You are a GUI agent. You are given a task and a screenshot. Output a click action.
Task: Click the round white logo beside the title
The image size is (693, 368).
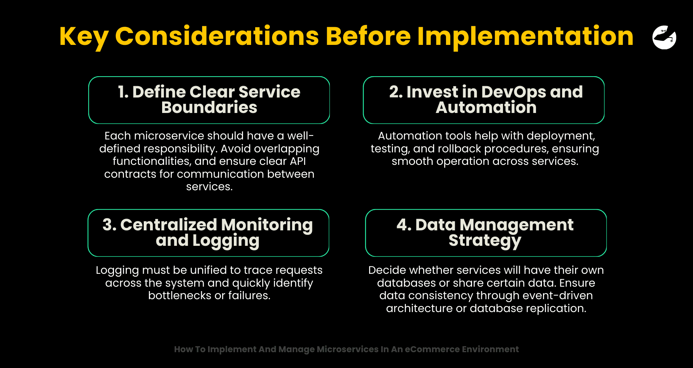(664, 37)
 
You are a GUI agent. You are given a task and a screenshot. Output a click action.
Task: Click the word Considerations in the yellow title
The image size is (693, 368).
(217, 36)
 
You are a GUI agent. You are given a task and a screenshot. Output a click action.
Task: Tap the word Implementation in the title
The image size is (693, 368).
(525, 36)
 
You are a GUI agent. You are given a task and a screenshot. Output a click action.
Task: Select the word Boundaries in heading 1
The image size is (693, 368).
(209, 107)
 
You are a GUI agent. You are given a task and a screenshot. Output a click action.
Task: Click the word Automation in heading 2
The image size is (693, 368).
(486, 107)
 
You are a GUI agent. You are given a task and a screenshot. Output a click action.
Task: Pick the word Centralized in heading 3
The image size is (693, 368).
(169, 225)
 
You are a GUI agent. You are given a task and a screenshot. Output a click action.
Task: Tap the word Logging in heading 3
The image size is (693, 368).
(226, 241)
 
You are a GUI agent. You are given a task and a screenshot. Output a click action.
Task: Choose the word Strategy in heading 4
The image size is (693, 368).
(485, 241)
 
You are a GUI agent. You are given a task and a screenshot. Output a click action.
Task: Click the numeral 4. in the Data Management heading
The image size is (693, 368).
(404, 225)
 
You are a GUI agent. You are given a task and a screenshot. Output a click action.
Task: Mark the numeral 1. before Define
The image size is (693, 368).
(123, 92)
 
